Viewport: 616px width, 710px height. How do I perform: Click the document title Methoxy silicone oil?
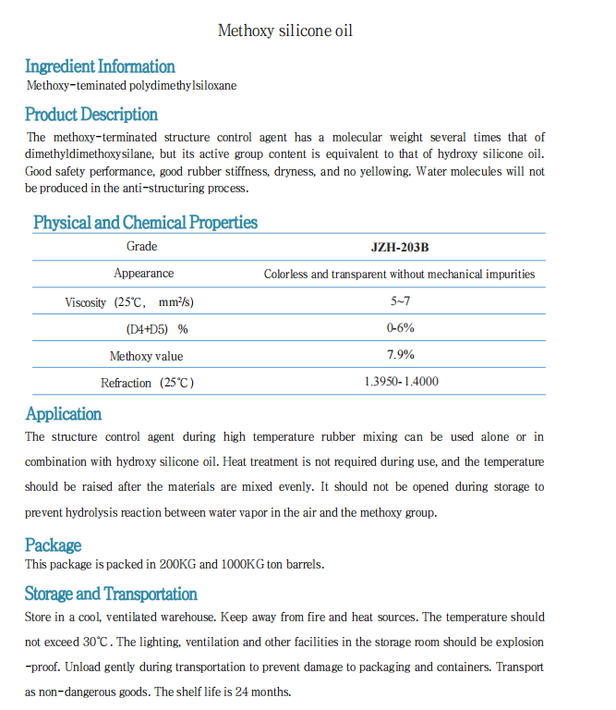point(284,31)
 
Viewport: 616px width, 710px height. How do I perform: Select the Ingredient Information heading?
point(100,67)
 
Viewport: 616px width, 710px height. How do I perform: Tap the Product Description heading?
point(91,115)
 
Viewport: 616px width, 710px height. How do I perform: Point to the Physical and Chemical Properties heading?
point(145,223)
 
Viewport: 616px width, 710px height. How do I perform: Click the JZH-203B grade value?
point(399,247)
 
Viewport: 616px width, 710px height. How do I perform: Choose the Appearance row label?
point(143,274)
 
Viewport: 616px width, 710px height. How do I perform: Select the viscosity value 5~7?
point(399,301)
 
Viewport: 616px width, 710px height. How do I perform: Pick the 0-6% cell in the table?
point(400,328)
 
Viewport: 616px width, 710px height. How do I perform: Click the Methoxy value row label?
point(146,356)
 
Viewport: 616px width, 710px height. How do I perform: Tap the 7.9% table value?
point(400,355)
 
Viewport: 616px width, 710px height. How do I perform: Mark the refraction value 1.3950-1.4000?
point(401,382)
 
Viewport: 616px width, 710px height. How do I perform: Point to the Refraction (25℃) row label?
point(147,383)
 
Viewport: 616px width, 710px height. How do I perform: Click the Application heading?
point(64,414)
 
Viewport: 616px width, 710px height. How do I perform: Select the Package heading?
point(54,545)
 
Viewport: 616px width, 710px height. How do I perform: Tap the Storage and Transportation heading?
point(111,594)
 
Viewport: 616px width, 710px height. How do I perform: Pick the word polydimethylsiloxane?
point(183,86)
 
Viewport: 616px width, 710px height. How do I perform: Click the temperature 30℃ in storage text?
point(96,642)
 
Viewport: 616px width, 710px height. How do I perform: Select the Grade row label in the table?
point(142,247)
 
